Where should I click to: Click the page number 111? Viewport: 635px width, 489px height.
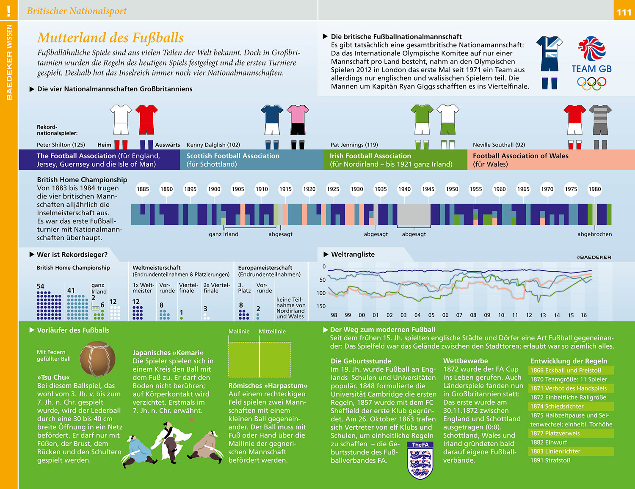point(624,12)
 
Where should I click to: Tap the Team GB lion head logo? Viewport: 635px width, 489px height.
point(591,48)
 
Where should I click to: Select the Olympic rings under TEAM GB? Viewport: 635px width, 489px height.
point(591,82)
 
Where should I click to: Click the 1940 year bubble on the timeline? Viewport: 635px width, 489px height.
point(404,189)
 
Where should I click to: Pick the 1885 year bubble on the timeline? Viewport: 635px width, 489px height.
point(143,189)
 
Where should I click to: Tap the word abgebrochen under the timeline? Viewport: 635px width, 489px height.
point(594,234)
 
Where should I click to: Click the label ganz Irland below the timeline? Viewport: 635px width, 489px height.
point(224,234)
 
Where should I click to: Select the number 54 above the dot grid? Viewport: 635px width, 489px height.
point(41,286)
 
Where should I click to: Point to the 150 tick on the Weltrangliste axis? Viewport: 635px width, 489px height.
point(321,306)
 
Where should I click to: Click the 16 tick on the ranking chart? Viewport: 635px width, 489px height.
point(584,315)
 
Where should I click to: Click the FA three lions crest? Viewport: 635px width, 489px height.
point(420,461)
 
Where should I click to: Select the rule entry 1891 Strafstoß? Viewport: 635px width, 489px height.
point(550,460)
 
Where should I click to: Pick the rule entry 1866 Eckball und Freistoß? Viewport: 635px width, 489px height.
point(566,371)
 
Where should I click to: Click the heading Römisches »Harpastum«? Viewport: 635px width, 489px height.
point(268,386)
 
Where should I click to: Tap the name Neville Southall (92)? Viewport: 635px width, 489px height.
point(499,145)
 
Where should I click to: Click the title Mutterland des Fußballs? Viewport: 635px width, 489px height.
point(110,38)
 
